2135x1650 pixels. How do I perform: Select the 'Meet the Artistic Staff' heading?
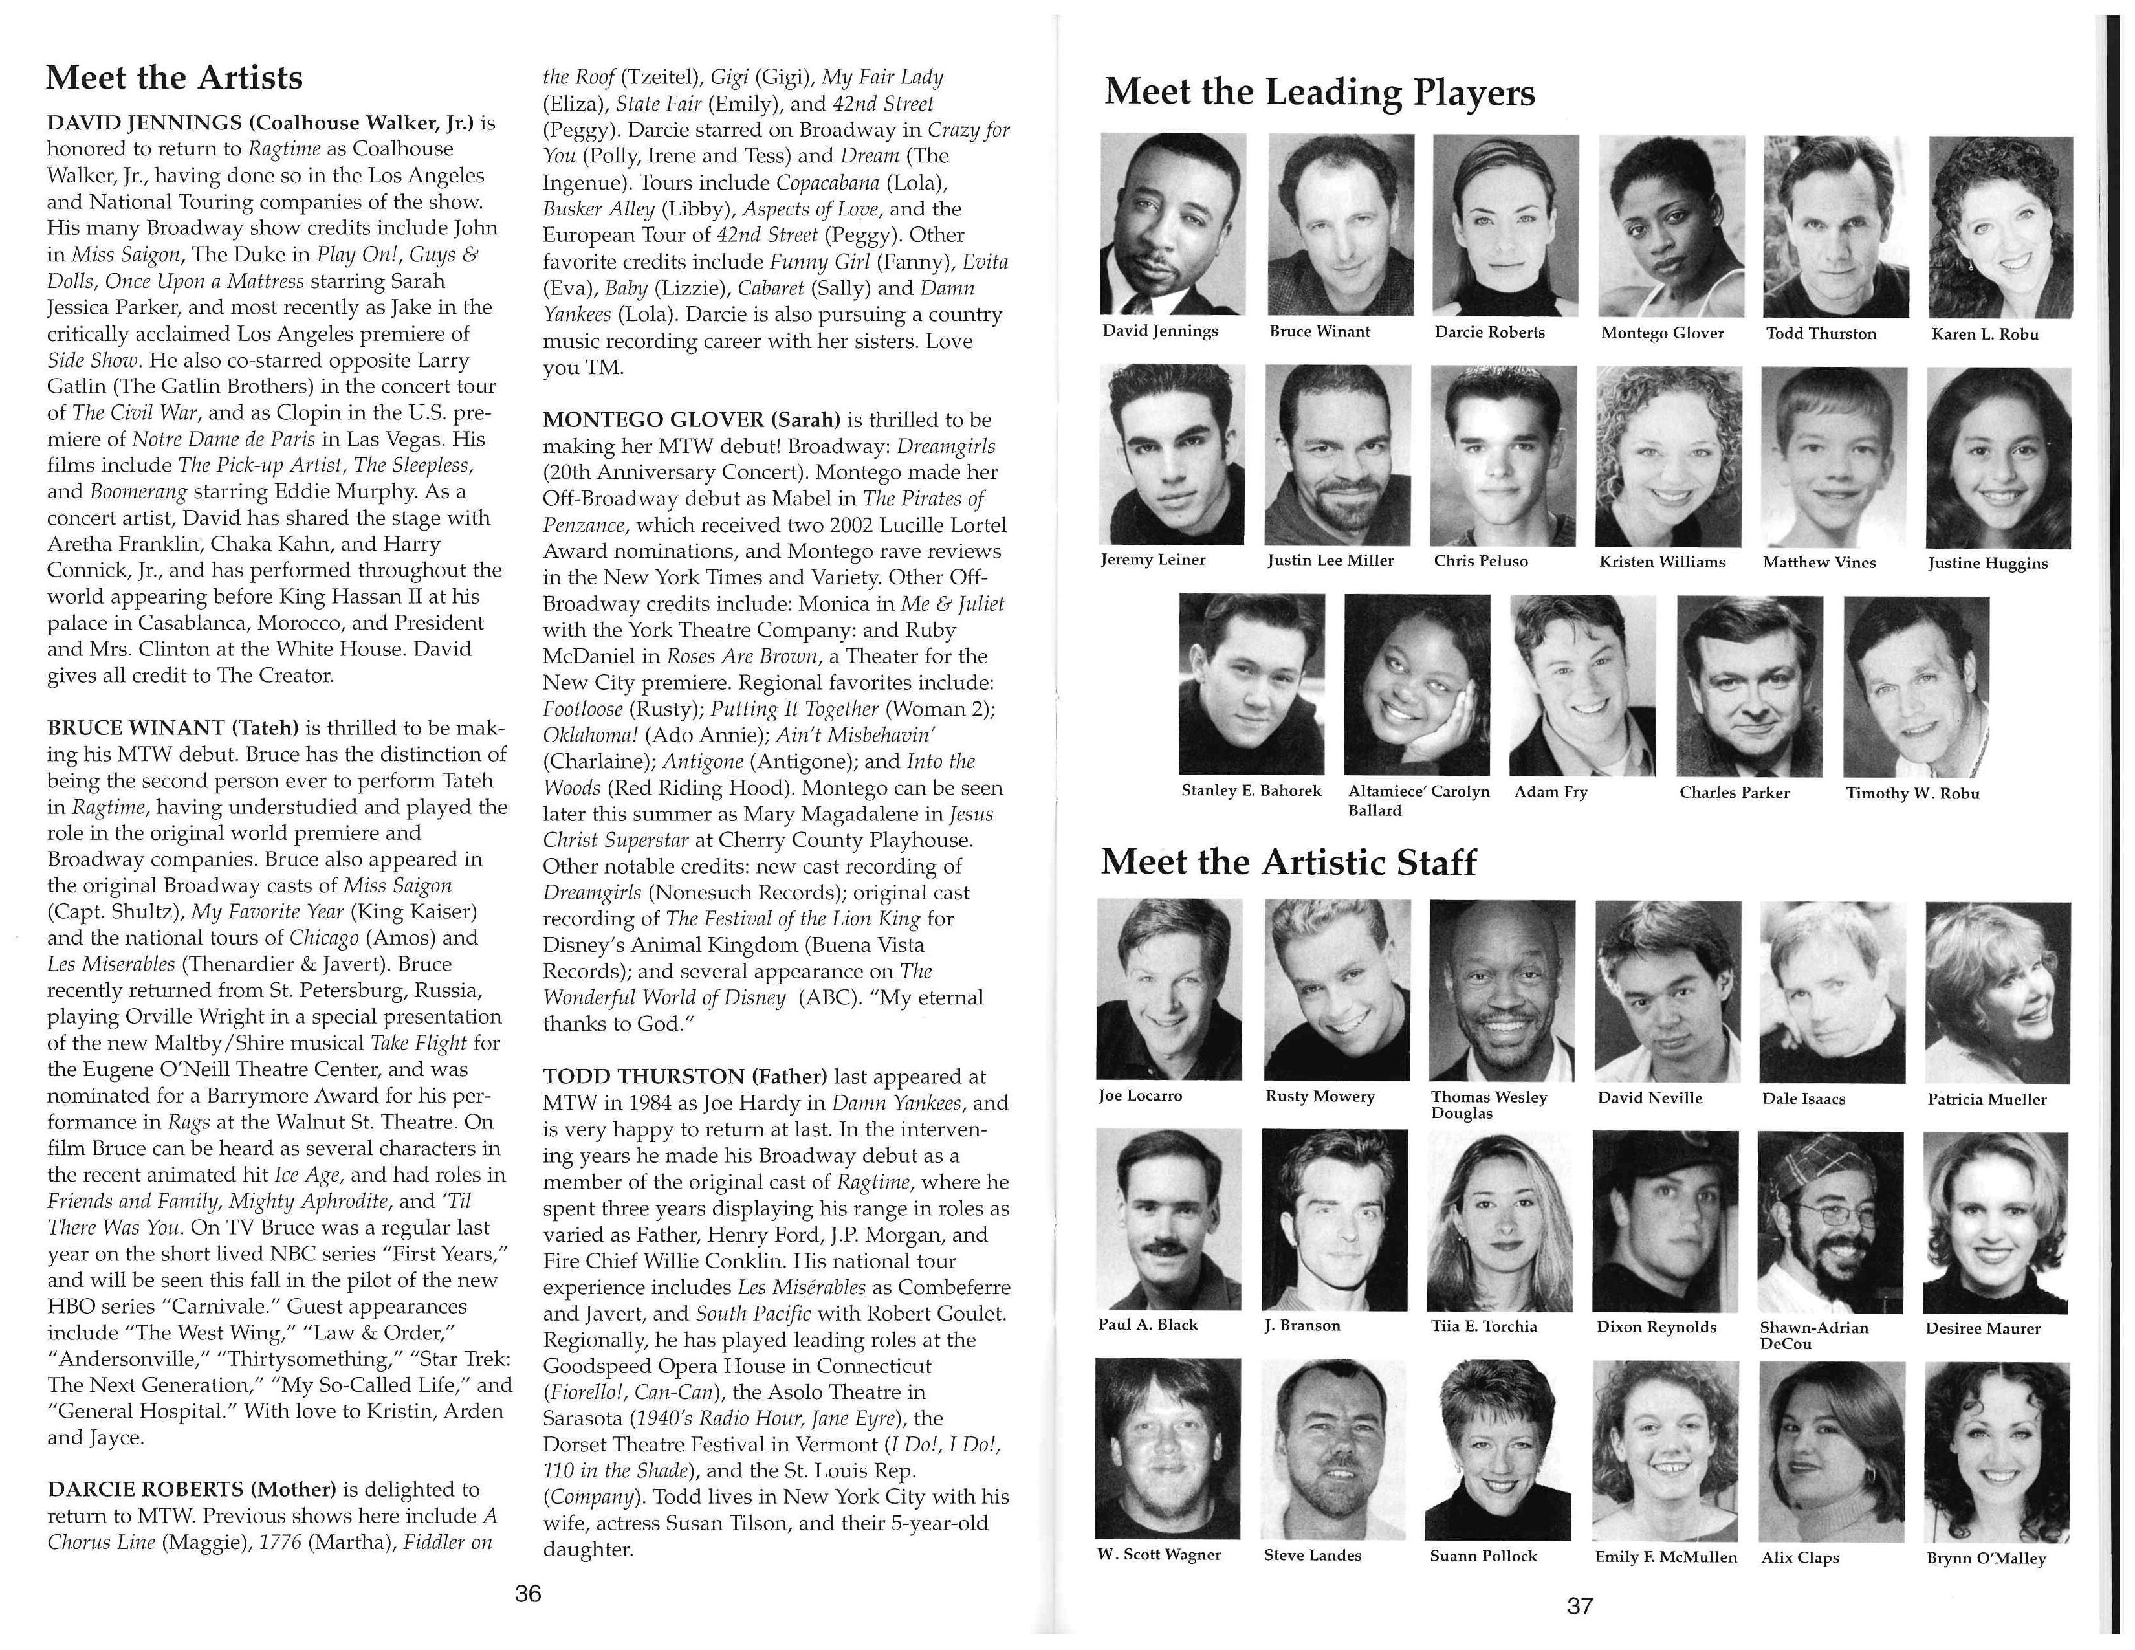point(1287,862)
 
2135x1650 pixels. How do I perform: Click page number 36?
point(528,1594)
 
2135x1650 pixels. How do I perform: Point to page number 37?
point(1580,1606)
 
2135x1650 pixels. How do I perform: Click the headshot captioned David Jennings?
point(1173,225)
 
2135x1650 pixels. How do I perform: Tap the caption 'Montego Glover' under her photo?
point(1662,333)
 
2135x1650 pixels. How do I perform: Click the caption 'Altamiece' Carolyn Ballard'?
point(1418,800)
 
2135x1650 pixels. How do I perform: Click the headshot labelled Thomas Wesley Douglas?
point(1502,990)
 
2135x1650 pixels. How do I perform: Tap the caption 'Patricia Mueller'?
point(1986,1099)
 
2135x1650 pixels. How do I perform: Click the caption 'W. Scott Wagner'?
point(1159,1555)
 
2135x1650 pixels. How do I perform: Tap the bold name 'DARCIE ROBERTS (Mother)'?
point(191,1490)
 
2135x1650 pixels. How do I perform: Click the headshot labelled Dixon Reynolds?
point(1665,1222)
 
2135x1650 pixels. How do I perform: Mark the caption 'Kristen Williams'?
point(1662,562)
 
